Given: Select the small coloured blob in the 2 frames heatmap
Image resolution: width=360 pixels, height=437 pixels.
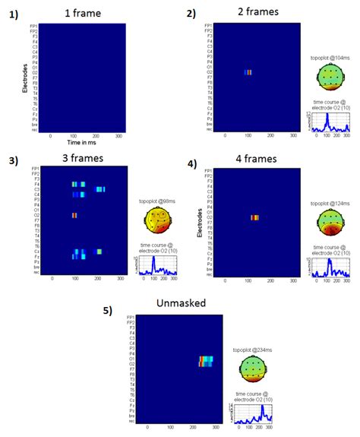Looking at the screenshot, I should coord(248,72).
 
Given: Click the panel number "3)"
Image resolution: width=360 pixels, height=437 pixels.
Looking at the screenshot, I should coord(14,158).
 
